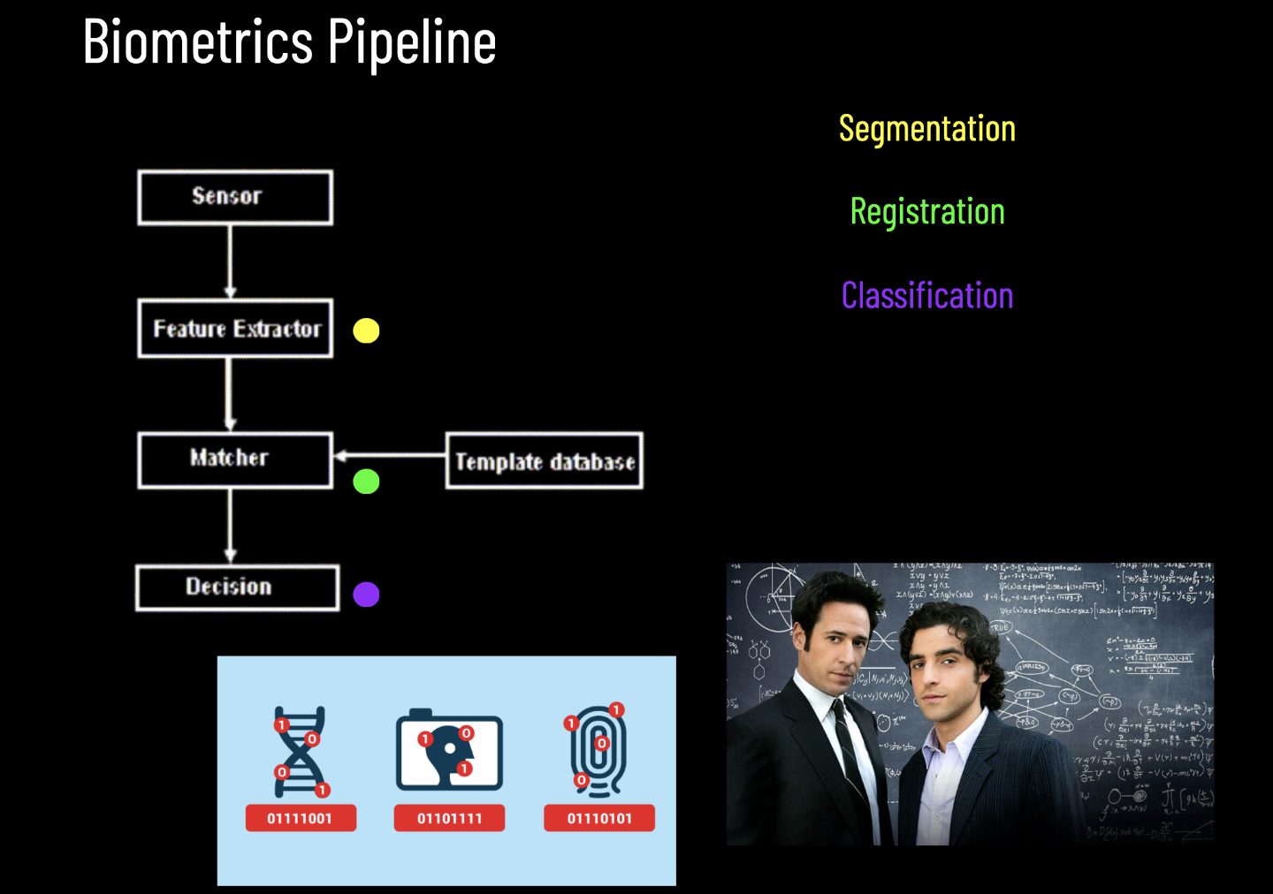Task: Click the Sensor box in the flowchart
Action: coord(235,197)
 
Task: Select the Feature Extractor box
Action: coord(235,329)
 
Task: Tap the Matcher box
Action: coord(235,459)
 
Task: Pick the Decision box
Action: coord(237,587)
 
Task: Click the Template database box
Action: coord(544,460)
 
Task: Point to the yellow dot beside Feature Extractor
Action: coord(366,330)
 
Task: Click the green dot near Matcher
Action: coord(366,481)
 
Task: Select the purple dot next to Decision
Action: coord(366,595)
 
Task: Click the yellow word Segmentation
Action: coord(926,129)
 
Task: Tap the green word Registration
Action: coord(926,212)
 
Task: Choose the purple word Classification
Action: coord(926,295)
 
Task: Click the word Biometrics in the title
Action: coord(198,42)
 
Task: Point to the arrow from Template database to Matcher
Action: coord(389,456)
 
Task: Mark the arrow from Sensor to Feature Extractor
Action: coord(231,261)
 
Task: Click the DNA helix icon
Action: coord(301,752)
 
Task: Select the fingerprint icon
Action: coord(598,751)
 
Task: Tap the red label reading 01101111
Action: coord(449,818)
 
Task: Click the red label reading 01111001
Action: coord(300,818)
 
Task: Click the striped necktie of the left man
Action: coord(850,751)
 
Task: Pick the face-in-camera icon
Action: coord(449,751)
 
